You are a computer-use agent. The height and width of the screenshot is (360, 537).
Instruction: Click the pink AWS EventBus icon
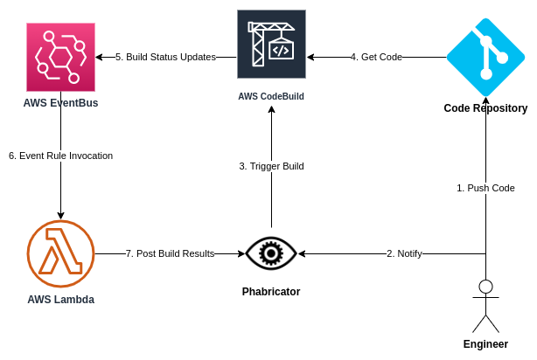60,57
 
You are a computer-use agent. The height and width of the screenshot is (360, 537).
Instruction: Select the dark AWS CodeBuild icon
272,45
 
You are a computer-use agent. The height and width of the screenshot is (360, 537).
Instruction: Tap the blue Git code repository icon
485,57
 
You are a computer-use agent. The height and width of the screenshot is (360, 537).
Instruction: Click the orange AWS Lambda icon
60,253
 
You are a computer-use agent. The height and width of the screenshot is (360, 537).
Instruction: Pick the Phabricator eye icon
271,253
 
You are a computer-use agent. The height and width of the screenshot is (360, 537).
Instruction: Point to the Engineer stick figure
485,306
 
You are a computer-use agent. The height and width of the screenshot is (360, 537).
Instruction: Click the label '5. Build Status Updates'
166,57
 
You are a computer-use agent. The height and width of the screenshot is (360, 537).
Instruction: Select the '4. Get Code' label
376,57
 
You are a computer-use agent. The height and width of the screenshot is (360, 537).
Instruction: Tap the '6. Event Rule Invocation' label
60,156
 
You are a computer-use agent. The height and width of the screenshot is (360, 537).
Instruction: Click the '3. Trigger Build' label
272,166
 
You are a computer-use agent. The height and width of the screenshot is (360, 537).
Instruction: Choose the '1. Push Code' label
485,188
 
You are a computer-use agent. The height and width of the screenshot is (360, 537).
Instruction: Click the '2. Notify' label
404,253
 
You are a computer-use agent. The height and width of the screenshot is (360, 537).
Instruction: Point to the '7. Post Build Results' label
171,253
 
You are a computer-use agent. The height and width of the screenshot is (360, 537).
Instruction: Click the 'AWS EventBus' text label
60,103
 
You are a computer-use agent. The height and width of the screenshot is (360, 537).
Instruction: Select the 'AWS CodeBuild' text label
271,96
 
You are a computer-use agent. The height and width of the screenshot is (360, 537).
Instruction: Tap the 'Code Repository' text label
485,108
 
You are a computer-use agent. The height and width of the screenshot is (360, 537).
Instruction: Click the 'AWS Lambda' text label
61,300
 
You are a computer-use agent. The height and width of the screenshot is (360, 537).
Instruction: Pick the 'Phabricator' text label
271,292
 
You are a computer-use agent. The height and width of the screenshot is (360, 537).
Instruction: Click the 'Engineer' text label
485,344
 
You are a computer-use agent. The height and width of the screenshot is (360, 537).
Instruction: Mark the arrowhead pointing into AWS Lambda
60,216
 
